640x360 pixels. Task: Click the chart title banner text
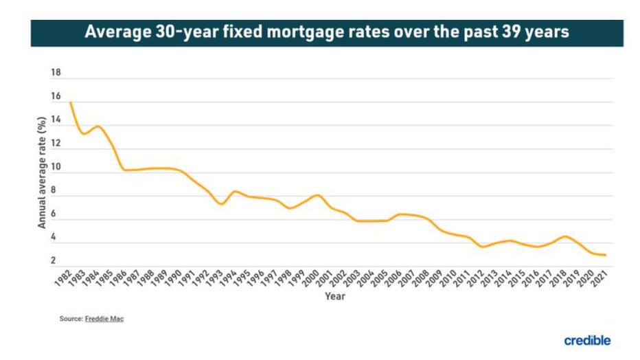(x=326, y=32)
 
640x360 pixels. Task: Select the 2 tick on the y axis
(x=53, y=260)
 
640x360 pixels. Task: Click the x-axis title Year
(x=335, y=297)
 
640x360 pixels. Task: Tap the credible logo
(x=587, y=341)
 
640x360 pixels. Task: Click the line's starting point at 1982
(x=71, y=103)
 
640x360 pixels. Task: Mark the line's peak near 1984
(x=98, y=126)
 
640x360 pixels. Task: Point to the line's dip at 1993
(x=221, y=204)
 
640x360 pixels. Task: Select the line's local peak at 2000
(x=317, y=195)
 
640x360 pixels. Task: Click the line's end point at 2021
(x=605, y=255)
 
